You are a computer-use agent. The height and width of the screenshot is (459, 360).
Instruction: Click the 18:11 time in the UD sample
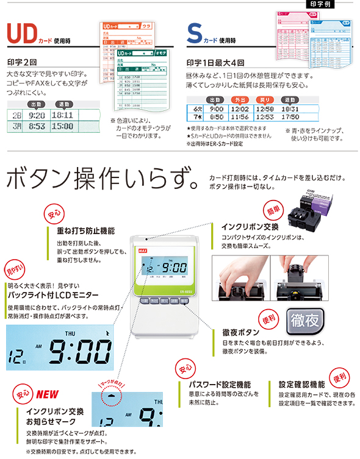(x=62, y=115)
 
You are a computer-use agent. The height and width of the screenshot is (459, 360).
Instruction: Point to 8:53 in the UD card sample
(x=36, y=126)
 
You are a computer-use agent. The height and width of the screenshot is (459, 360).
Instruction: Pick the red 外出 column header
(x=240, y=99)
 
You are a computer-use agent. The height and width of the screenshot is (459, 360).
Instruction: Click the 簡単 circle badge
(x=270, y=211)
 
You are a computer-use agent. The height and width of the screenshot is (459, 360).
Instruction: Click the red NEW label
(x=47, y=394)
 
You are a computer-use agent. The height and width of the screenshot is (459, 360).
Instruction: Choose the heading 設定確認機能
(x=301, y=385)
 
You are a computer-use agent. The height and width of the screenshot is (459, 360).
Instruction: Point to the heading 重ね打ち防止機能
(x=85, y=232)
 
